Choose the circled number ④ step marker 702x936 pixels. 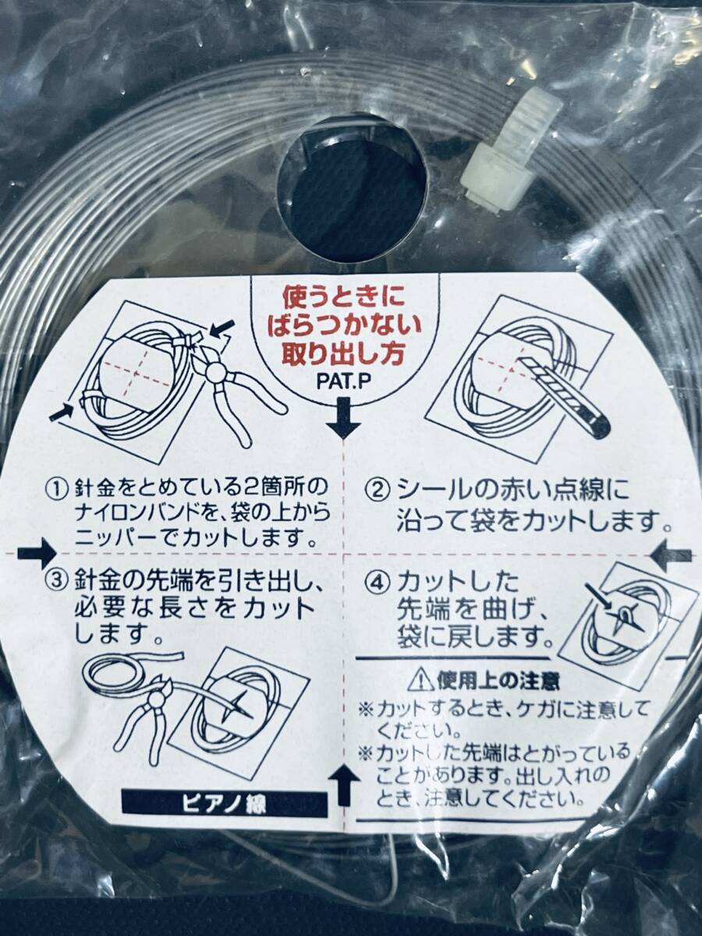coord(378,583)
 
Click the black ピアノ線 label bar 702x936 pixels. coord(225,805)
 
